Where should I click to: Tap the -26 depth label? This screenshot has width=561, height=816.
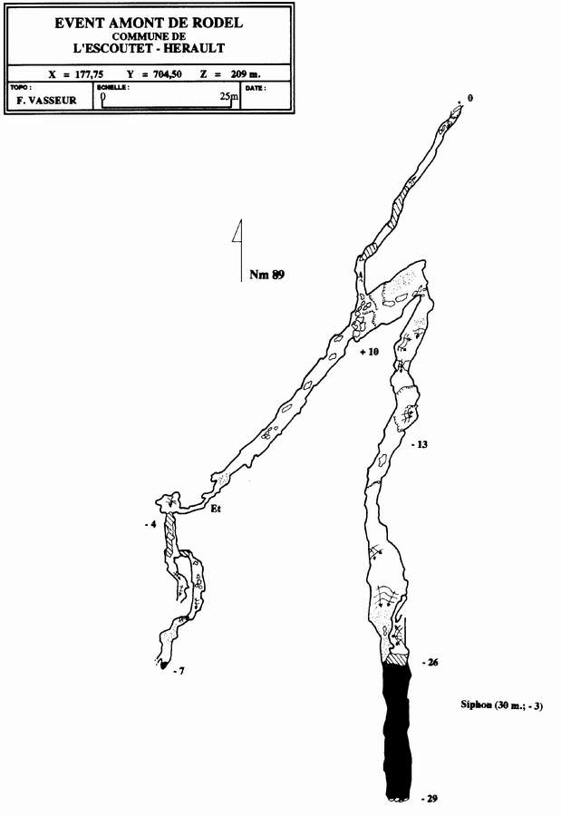(430, 663)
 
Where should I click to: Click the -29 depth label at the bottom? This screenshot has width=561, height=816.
(430, 798)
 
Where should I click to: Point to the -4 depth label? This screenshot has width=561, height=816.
(150, 526)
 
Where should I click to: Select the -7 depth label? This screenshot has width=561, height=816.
(179, 672)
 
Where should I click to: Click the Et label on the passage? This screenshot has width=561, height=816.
(216, 510)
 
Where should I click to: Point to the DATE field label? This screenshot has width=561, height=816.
(256, 88)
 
